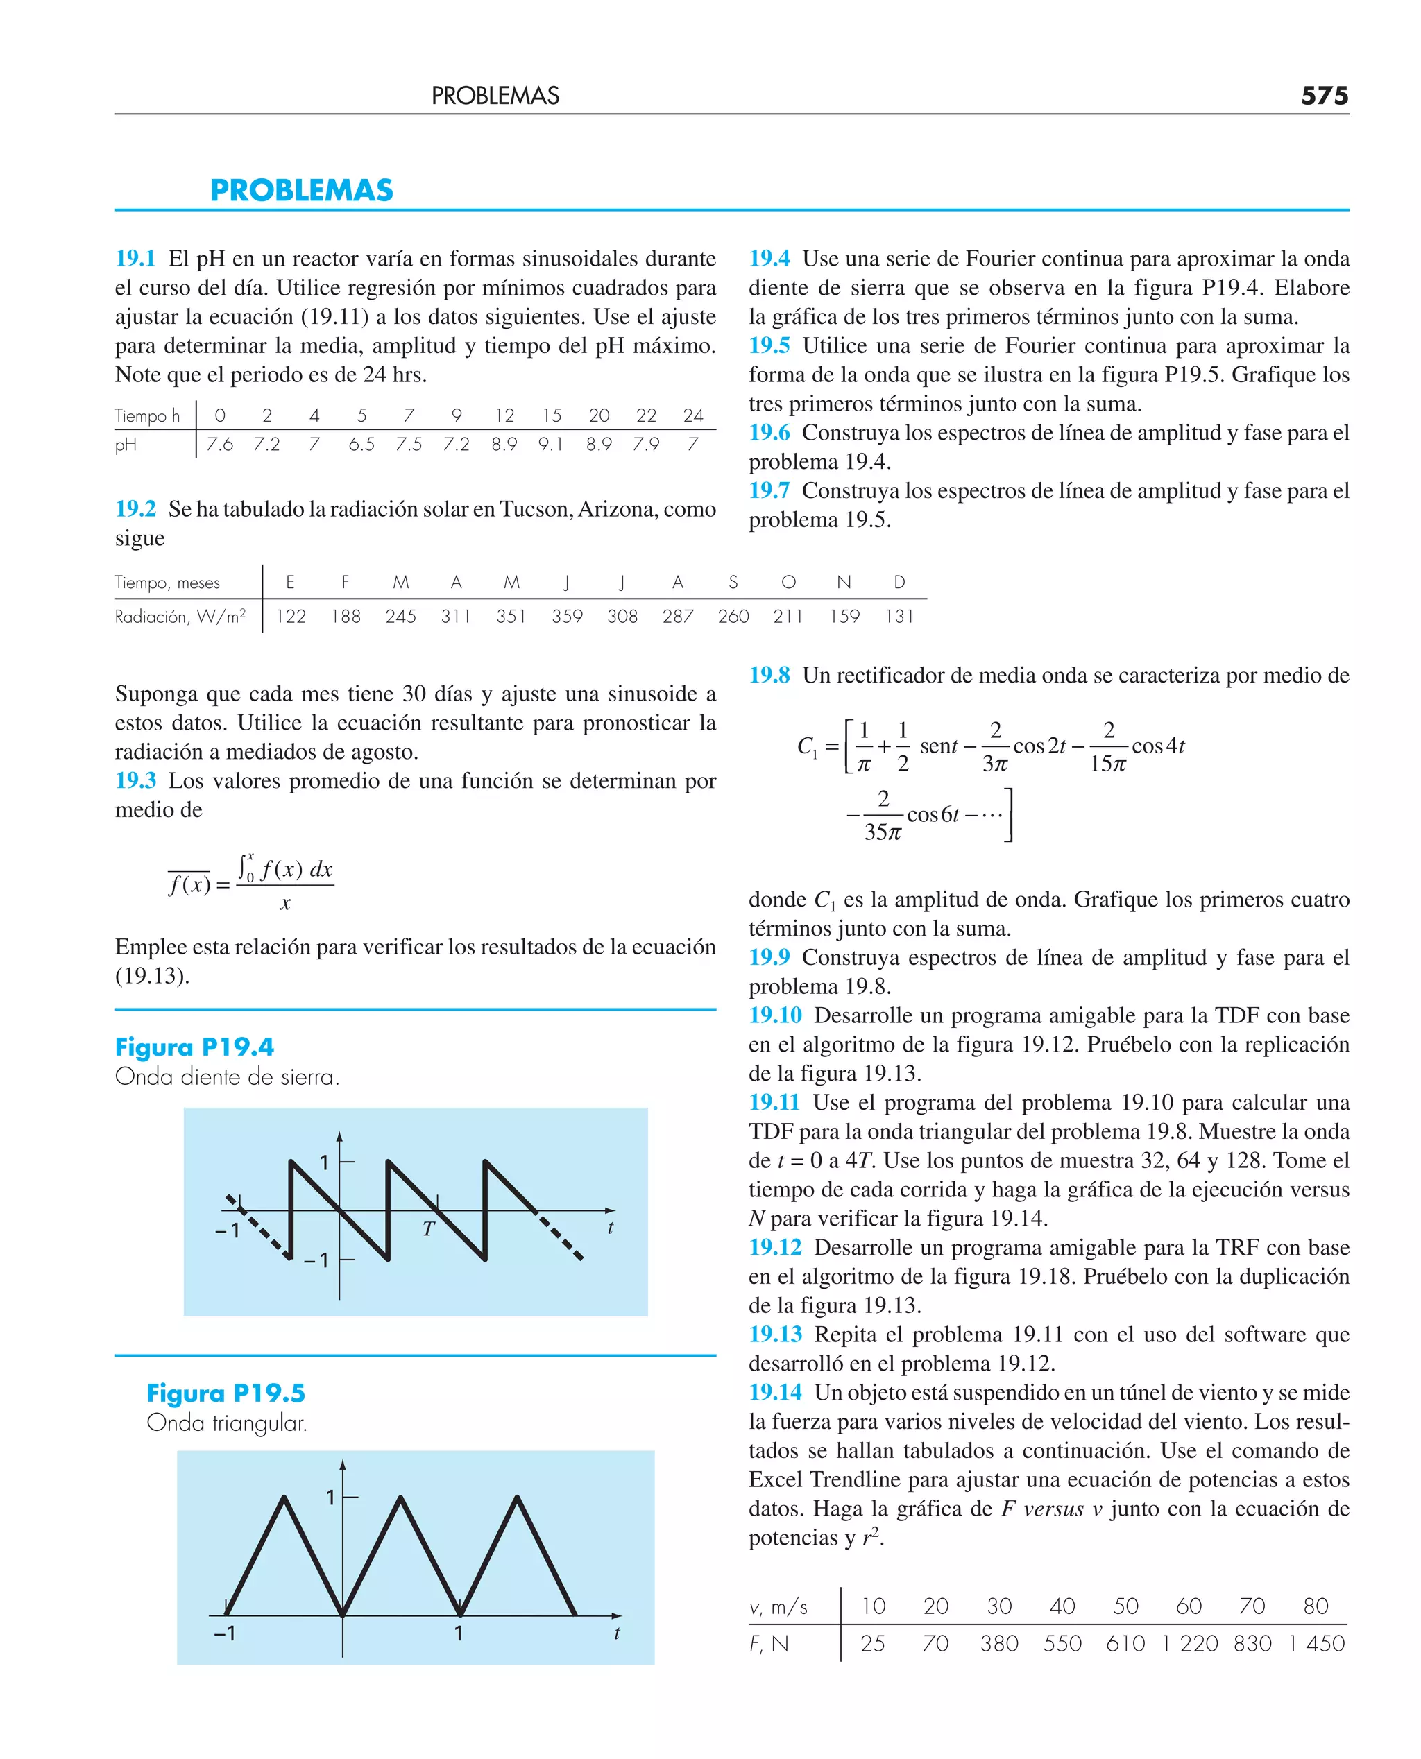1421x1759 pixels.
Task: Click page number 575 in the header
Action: pos(1324,96)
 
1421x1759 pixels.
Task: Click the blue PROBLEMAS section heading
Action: pos(301,191)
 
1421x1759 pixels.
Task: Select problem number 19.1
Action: pos(135,259)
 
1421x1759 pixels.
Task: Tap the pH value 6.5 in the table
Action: pos(361,444)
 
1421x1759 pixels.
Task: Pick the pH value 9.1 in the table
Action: pos(550,444)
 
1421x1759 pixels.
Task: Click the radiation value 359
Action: pos(566,616)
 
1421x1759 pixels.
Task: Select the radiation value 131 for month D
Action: pos(899,616)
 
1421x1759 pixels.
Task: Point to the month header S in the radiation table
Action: pos(733,582)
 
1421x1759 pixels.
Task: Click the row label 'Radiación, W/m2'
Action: pos(180,616)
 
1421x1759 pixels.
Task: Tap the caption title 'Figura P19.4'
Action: pos(194,1047)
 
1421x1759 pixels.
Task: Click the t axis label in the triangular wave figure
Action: pos(616,1633)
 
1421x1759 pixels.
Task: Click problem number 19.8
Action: pos(769,675)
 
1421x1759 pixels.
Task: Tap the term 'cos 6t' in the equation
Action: pos(933,814)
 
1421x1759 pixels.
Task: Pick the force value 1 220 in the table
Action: pos(1189,1644)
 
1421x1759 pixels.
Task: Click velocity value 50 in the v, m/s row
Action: pos(1125,1606)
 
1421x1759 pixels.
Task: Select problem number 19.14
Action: pos(775,1393)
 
